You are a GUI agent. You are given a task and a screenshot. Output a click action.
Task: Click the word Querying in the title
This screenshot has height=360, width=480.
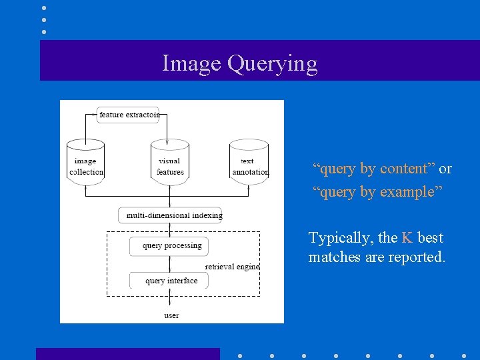point(272,64)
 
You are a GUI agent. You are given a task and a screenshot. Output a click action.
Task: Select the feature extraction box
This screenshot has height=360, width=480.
point(129,115)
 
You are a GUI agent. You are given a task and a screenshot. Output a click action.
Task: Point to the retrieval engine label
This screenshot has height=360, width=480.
point(232,267)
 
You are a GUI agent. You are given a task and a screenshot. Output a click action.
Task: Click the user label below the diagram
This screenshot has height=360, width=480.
point(171,315)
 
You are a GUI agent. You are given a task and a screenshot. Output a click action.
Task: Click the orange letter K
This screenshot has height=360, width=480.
point(407,238)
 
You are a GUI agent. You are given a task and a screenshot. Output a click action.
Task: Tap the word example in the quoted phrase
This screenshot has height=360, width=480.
point(409,193)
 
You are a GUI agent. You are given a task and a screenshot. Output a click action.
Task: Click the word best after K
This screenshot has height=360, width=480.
point(430,238)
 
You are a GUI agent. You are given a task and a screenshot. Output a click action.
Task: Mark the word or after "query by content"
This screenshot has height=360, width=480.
point(445,169)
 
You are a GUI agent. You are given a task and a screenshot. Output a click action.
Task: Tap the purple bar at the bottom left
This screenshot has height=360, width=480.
point(127,353)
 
